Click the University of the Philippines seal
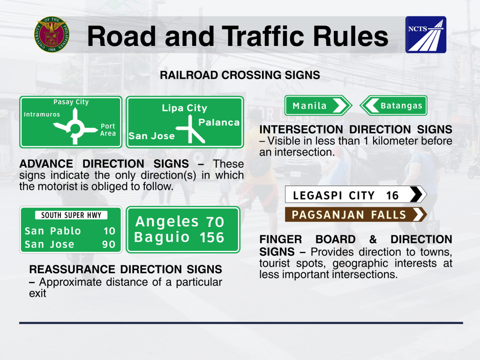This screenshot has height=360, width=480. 52,34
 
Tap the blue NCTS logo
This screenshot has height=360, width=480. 426,35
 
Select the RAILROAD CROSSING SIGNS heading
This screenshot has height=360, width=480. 240,75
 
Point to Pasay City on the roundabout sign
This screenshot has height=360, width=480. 71,102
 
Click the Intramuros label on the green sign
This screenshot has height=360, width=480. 42,114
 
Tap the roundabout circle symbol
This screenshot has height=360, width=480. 75,128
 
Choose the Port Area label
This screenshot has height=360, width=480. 108,130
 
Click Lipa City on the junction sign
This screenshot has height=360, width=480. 185,108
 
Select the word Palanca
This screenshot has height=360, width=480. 219,122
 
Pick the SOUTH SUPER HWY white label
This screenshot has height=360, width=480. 71,215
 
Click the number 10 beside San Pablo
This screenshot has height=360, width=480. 109,231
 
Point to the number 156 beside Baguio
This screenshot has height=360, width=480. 212,238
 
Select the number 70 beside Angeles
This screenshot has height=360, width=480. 215,222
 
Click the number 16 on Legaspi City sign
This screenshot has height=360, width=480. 392,195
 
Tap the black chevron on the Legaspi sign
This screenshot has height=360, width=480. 416,195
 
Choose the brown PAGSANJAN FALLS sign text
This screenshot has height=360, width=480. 349,215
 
